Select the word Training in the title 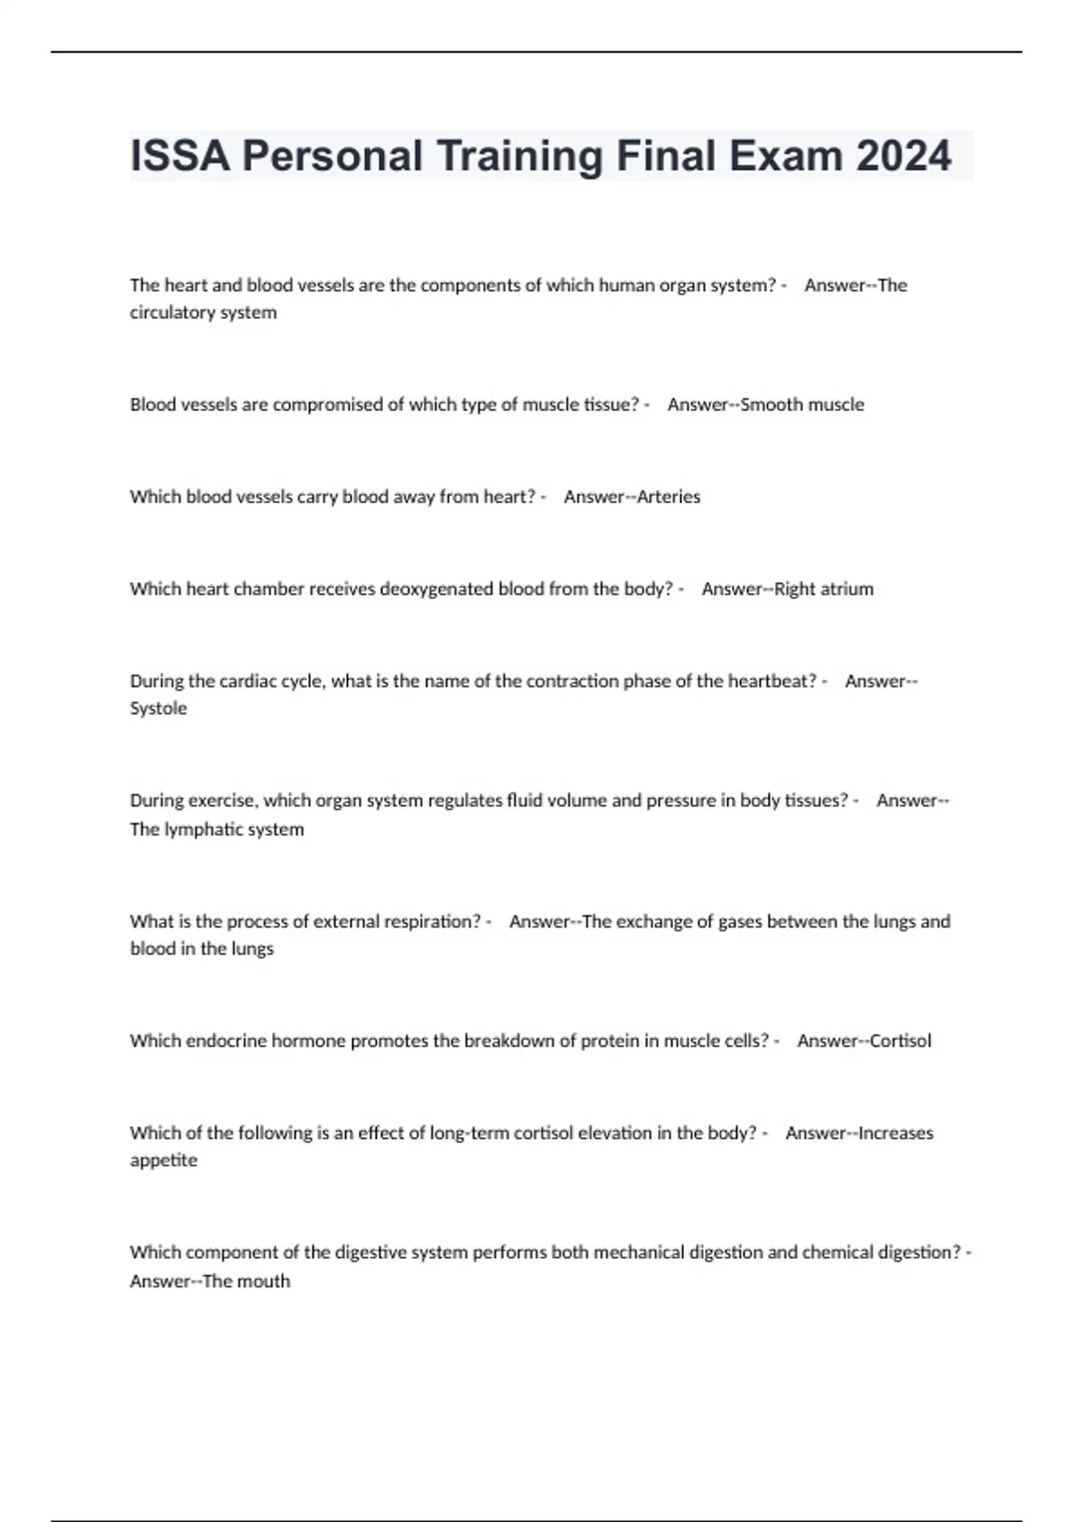(x=520, y=157)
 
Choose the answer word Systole (x=158, y=708)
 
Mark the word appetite (x=164, y=1161)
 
